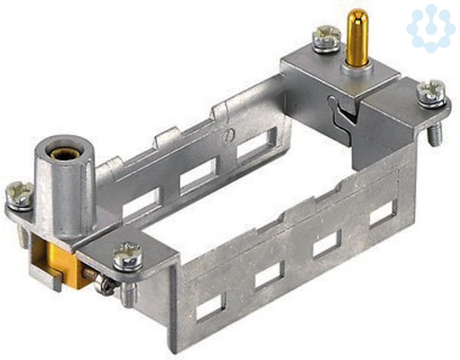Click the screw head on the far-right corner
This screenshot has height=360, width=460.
click(x=432, y=93)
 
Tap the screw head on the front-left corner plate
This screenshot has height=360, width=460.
click(x=127, y=257)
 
